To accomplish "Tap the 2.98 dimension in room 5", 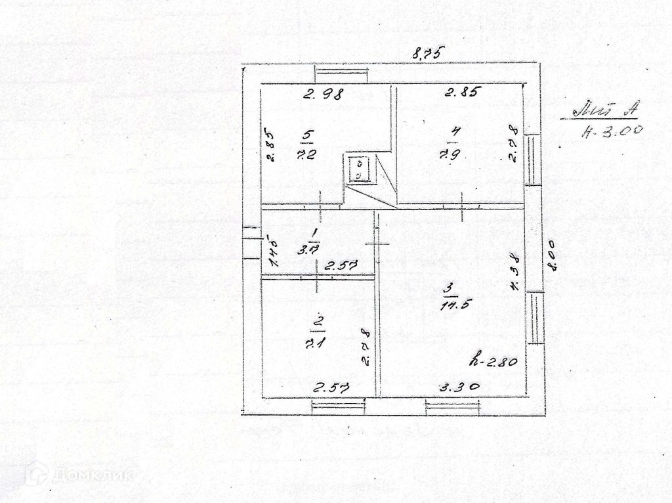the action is tap(324, 94).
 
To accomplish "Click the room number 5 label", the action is tap(307, 135).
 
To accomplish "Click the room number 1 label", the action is tap(314, 233).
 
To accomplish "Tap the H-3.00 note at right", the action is tap(612, 131).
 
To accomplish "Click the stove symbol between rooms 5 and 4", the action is tap(360, 169).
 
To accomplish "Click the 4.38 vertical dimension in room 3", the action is tap(515, 270).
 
